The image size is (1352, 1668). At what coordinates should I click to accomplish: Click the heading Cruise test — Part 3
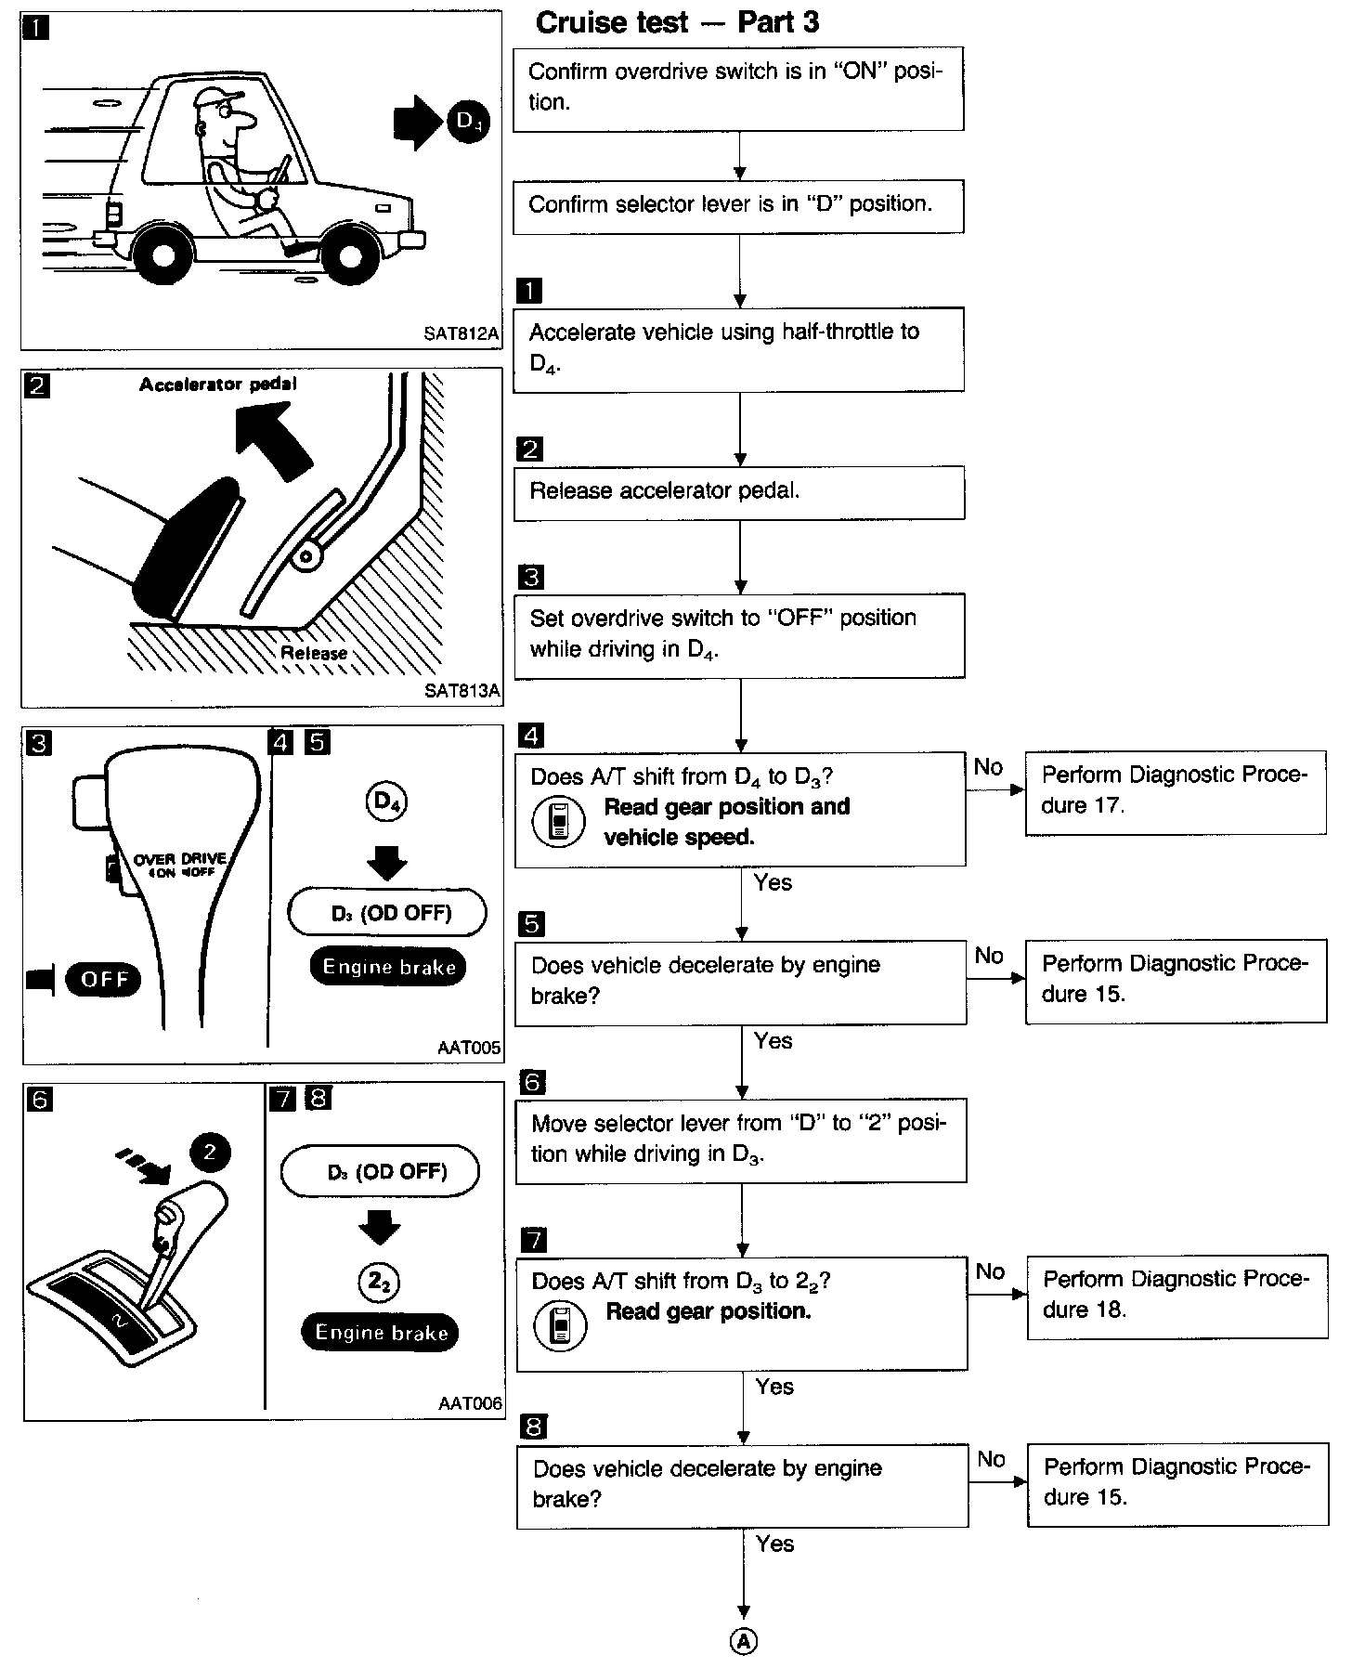pos(677,22)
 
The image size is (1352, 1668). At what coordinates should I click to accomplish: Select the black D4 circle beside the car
pos(468,122)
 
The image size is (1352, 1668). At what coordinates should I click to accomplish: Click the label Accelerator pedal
pos(218,384)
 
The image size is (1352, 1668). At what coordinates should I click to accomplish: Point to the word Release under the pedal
pos(314,653)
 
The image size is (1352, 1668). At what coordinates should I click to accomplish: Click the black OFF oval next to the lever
pos(104,979)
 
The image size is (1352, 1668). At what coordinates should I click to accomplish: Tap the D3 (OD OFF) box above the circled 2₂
pos(381,1171)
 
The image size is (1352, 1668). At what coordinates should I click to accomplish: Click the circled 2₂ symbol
pos(379,1283)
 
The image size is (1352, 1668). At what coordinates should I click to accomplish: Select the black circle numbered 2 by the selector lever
pos(210,1153)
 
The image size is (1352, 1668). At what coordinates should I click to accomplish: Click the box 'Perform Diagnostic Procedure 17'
pos(1176,792)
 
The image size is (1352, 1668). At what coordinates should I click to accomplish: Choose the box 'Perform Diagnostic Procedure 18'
pos(1176,1297)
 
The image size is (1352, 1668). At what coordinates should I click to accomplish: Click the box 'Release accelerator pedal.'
pos(739,492)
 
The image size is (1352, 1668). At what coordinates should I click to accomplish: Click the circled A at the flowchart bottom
pos(744,1643)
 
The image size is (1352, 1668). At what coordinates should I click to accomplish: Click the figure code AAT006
pos(470,1403)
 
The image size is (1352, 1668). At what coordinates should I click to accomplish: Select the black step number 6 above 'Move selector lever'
pos(533,1082)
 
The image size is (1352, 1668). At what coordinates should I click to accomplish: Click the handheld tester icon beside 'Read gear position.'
pos(560,1324)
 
